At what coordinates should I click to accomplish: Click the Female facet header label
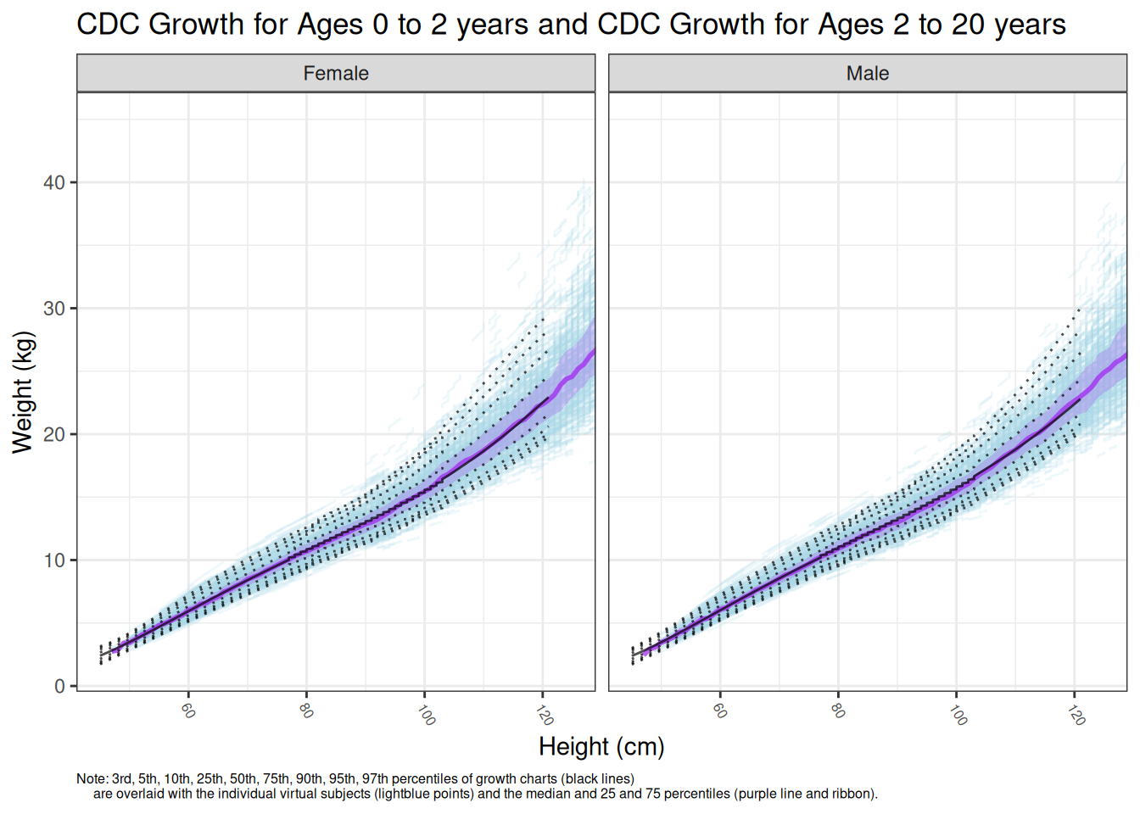click(x=336, y=74)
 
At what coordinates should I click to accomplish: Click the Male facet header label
click(x=867, y=74)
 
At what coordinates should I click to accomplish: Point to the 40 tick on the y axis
click(x=54, y=182)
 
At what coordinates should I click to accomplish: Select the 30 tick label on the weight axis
click(x=54, y=309)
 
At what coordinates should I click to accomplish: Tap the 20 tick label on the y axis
click(x=54, y=434)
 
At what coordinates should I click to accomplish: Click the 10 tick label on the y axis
click(x=54, y=560)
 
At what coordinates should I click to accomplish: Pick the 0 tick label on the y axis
click(x=59, y=686)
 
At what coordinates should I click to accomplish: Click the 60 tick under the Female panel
click(x=188, y=710)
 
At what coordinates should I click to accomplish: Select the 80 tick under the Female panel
click(x=306, y=710)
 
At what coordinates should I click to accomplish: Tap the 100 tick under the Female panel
click(x=426, y=714)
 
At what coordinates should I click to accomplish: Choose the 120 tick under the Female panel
click(x=545, y=714)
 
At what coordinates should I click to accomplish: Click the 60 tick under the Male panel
click(x=720, y=710)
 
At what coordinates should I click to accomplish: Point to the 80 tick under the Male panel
click(x=838, y=710)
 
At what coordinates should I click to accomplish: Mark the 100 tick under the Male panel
click(x=958, y=714)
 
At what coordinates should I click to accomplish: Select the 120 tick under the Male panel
click(x=1076, y=714)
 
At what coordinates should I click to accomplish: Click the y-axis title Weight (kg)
click(x=23, y=392)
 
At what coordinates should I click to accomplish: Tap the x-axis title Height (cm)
click(x=601, y=747)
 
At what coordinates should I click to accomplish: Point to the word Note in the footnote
click(x=91, y=778)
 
